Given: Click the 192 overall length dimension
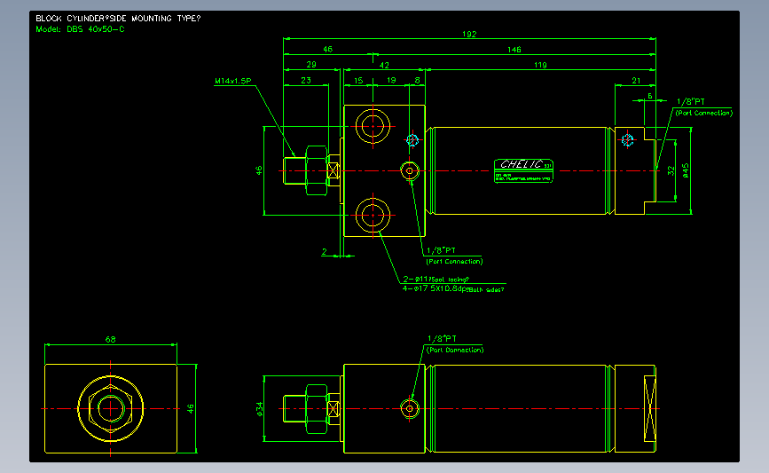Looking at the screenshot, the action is tap(469, 35).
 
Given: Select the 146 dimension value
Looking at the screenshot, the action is tap(514, 50).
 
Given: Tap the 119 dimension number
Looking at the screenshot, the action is tap(541, 65).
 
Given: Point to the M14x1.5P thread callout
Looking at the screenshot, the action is tap(233, 81).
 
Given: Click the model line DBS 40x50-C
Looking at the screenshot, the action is tap(80, 29).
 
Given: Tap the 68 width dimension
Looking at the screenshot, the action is tap(110, 339).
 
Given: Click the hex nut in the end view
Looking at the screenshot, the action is tap(110, 408).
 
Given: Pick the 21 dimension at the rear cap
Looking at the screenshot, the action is tap(636, 81).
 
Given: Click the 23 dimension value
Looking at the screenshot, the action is tap(306, 81).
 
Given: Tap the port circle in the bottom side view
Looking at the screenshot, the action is tap(410, 407).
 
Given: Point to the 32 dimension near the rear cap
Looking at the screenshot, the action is tap(671, 169).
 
